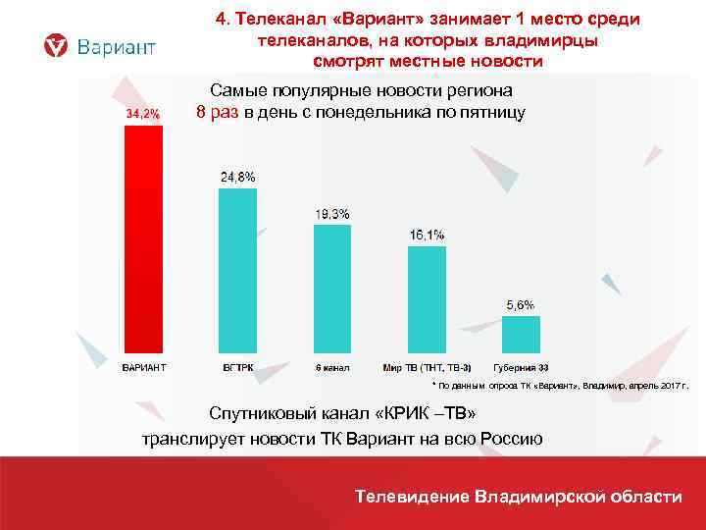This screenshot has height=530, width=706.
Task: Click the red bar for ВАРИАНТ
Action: click(x=142, y=240)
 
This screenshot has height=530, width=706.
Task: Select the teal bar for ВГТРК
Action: click(x=236, y=272)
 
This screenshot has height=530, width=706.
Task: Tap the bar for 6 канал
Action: click(x=331, y=291)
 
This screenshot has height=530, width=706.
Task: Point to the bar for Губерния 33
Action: click(x=521, y=333)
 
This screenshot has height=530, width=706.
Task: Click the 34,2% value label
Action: click(x=142, y=114)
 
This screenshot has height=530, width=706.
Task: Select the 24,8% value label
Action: click(x=237, y=177)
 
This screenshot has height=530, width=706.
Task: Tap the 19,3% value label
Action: click(x=331, y=214)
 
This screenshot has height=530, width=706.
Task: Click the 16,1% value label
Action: click(x=427, y=235)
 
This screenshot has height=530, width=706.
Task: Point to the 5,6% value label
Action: click(x=521, y=305)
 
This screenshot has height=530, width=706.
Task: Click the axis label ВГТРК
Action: click(x=236, y=368)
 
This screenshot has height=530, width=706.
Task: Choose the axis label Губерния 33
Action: click(x=521, y=368)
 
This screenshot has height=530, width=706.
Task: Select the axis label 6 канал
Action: click(x=331, y=368)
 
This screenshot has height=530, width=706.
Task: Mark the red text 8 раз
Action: click(x=218, y=112)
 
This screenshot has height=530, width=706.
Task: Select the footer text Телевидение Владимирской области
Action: click(x=519, y=497)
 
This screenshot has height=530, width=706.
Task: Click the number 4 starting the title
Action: click(x=221, y=21)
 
